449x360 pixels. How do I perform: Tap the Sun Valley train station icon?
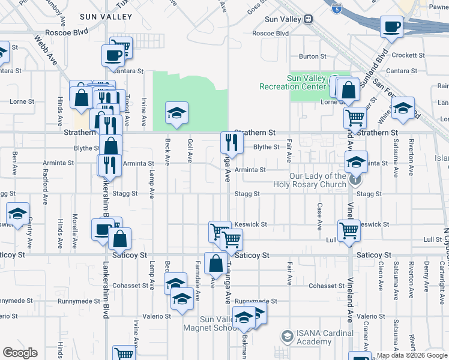click(x=309, y=19)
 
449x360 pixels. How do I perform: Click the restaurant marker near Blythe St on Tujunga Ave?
click(x=231, y=143)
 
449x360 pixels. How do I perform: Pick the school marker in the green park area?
click(x=176, y=112)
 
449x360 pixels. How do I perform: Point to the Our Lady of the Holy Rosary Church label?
click(x=318, y=180)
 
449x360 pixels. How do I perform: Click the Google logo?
click(x=19, y=353)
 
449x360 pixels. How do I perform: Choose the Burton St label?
click(x=312, y=57)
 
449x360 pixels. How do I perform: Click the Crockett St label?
click(x=408, y=55)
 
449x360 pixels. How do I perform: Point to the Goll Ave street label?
click(x=190, y=150)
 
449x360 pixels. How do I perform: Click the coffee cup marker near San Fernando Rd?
click(x=392, y=27)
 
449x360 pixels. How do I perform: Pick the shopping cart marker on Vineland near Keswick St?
click(x=348, y=230)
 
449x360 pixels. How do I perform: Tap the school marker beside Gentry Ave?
click(x=18, y=214)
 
